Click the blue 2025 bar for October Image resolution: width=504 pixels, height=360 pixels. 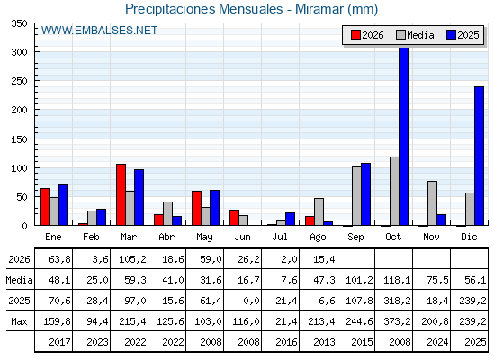(x=404, y=136)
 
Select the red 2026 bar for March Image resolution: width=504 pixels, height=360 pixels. (x=121, y=194)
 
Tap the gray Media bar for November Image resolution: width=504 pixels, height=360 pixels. (x=432, y=203)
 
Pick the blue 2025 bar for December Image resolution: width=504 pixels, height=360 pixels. (x=479, y=156)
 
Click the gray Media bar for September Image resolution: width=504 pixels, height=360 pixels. (x=356, y=196)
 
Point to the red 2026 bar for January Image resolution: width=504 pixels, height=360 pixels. (x=45, y=207)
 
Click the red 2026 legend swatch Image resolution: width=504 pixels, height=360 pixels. (x=355, y=35)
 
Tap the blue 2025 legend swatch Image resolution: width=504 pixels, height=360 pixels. (x=451, y=35)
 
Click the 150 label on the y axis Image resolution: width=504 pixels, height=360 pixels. (x=19, y=139)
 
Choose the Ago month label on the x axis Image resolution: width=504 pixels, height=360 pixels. (x=318, y=238)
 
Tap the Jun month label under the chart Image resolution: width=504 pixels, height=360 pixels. (x=242, y=237)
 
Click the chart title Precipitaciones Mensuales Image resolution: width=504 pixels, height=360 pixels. (x=204, y=9)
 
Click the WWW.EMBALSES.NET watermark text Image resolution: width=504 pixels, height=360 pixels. (x=99, y=31)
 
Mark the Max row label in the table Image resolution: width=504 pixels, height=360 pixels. (x=19, y=321)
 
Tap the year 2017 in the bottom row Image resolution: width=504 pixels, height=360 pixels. (x=59, y=342)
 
